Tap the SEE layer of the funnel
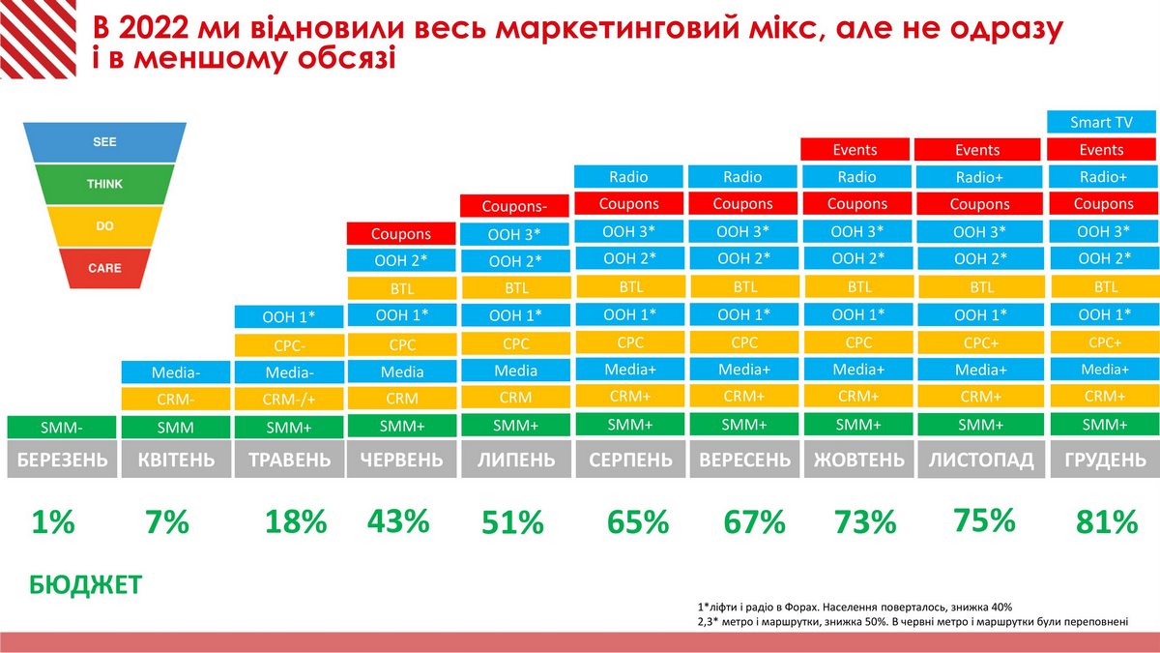coord(104,141)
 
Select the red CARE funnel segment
coord(104,267)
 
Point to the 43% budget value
coord(397,521)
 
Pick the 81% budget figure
coord(1106,522)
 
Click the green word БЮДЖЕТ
coord(86,585)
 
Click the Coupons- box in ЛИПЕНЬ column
coord(514,206)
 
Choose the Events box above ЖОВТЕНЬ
coord(855,150)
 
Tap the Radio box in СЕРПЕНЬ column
coord(628,177)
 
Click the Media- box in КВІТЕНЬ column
coord(175,372)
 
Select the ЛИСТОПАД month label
coord(981,460)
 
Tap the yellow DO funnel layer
coord(104,224)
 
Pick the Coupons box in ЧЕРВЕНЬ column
coord(401,234)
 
